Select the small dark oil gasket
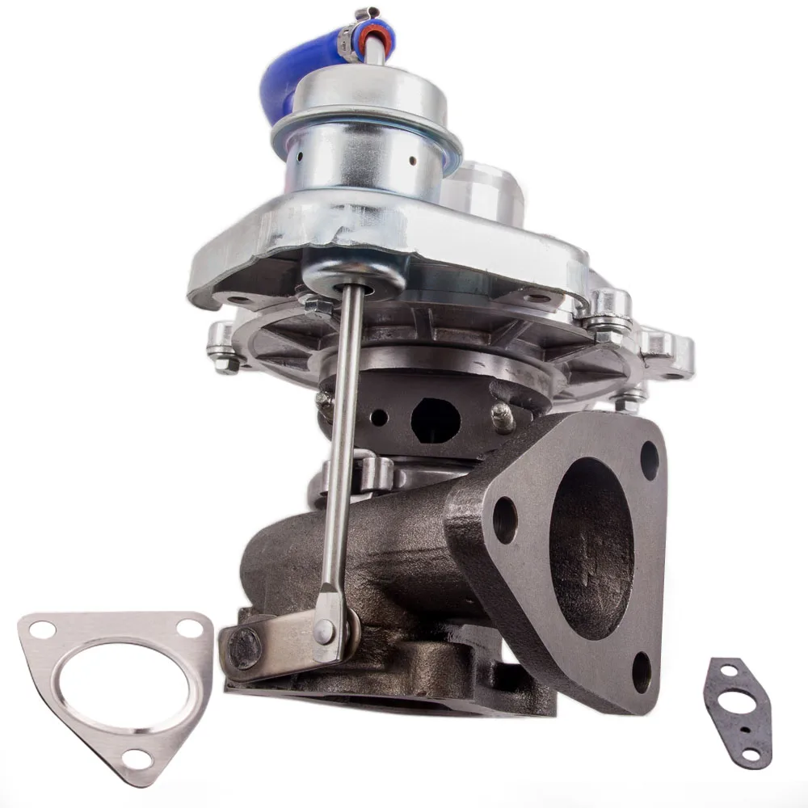click(736, 711)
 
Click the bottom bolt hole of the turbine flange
click(642, 670)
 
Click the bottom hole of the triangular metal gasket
click(140, 758)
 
